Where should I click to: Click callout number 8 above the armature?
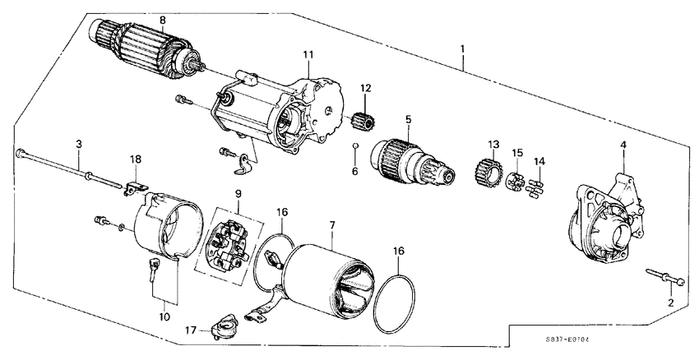pyautogui.click(x=162, y=20)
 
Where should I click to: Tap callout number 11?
pyautogui.click(x=308, y=55)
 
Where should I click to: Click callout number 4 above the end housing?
pyautogui.click(x=623, y=146)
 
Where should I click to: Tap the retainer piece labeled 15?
pyautogui.click(x=516, y=178)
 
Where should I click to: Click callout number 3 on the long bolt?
pyautogui.click(x=78, y=144)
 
